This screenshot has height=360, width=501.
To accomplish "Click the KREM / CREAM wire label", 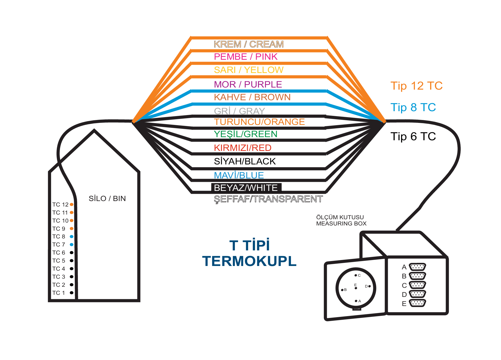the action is point(248,44).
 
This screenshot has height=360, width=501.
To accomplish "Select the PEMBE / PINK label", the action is point(246,57).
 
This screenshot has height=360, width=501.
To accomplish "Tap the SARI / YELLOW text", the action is point(248,70).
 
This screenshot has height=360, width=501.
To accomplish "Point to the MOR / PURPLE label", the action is point(248,84).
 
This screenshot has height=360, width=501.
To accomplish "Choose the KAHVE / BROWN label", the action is point(252,97).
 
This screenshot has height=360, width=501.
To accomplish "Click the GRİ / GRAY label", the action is point(239,111).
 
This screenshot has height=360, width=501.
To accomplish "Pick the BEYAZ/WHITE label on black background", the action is point(246,188).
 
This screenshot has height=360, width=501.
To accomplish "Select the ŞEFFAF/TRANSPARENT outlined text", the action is point(268,199).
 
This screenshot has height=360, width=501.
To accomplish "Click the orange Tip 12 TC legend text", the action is point(416,86).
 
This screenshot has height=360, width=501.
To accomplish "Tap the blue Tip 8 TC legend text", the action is point(413,107).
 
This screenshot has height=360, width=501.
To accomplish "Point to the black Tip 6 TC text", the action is point(413,136).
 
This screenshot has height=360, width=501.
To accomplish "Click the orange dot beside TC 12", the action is point(72,204).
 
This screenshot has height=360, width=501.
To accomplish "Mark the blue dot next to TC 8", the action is point(72,237).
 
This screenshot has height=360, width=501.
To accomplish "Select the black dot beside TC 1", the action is point(72,293).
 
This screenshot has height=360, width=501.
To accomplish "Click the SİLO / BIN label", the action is point(107,198).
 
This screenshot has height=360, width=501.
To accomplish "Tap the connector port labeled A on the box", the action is point(417,267).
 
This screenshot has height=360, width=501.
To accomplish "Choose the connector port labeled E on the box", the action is point(417,303).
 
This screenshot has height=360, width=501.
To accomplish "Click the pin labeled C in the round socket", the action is point(356,275).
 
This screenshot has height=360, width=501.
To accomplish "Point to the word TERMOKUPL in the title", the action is point(249,261).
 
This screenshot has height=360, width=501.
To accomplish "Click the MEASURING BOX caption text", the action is point(341,223).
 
